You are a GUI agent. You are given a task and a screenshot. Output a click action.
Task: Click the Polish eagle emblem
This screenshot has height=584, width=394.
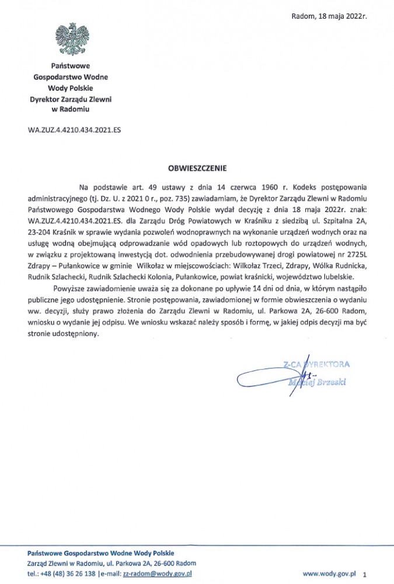tap(71, 39)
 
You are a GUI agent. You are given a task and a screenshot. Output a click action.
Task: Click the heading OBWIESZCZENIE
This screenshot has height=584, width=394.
tap(197, 168)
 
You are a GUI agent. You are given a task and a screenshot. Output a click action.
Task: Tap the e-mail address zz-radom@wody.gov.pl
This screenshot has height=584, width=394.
tap(157, 574)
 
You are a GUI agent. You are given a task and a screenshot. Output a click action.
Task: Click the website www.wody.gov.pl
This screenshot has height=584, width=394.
tap(329, 574)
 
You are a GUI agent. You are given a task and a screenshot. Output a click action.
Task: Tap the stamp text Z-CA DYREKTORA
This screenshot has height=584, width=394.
tap(316, 364)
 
